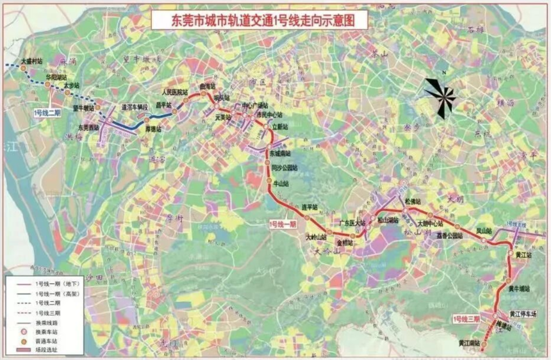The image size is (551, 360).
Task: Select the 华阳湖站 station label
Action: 56,76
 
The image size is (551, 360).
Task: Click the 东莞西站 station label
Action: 88,127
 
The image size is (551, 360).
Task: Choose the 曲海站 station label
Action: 207,86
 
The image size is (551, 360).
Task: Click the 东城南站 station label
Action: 280,154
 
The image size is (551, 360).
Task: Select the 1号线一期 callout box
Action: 282,224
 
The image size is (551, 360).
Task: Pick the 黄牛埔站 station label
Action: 520,289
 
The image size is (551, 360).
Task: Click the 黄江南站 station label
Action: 470,344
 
